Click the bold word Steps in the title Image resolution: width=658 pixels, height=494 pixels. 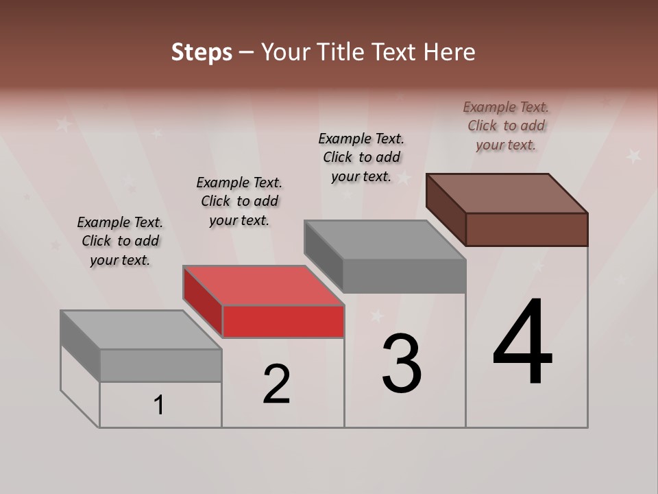202,52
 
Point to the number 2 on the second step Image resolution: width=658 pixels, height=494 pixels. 277,384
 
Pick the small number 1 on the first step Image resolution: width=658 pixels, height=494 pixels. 159,405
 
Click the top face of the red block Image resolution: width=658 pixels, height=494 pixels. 263,285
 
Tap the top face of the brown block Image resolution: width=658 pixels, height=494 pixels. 507,193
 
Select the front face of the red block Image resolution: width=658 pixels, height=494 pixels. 283,321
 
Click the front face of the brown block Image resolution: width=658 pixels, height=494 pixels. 526,229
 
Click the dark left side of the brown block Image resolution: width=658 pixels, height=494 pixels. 446,209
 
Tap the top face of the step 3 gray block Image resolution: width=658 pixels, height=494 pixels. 385,240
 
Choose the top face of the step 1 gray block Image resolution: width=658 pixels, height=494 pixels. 141,330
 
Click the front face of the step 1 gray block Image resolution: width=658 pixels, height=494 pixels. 160,365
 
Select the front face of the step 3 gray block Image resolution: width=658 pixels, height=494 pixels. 404,276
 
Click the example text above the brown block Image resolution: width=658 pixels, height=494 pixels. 506,126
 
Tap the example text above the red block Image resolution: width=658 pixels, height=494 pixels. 239,201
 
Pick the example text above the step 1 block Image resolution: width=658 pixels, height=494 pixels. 120,241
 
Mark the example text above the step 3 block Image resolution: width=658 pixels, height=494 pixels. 361,157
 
